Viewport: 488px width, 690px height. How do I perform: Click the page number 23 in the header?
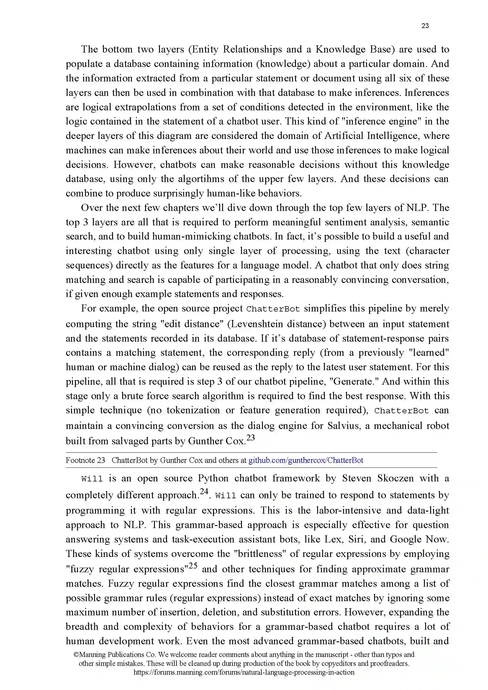tap(425, 26)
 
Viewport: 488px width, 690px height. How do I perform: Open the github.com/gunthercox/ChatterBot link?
tap(306, 460)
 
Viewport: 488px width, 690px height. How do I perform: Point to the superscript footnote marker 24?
tap(204, 491)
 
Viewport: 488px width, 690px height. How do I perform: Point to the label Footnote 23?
tap(85, 460)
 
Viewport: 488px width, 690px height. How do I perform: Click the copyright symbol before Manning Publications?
tap(76, 655)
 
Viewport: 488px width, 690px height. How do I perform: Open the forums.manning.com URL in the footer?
tap(244, 672)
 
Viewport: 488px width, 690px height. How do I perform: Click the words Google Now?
tap(419, 539)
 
